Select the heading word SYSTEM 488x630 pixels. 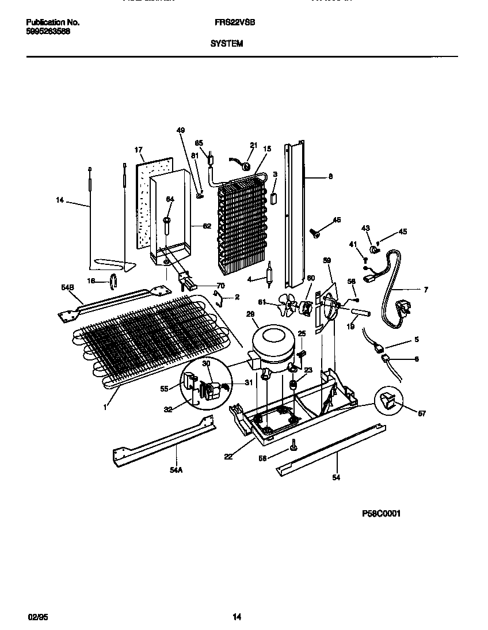point(226,43)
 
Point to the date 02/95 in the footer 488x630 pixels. point(36,617)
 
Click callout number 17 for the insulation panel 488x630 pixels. point(138,150)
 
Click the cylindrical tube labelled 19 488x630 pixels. point(356,314)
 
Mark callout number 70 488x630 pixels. point(220,286)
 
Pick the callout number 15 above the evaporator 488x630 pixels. point(266,149)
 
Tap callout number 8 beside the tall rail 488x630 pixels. point(330,177)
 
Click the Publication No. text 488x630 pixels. point(53,22)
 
